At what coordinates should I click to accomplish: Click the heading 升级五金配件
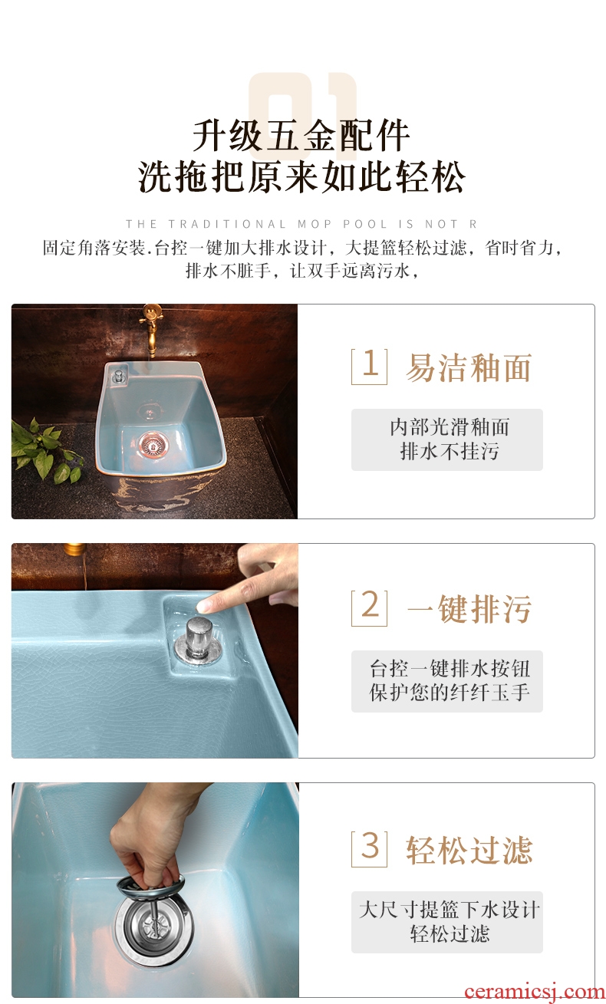click(x=301, y=136)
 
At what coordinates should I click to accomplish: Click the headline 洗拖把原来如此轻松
click(x=301, y=176)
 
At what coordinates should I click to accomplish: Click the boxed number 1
click(x=369, y=366)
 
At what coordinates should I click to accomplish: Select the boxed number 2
click(x=369, y=607)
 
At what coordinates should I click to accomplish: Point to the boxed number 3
click(x=369, y=848)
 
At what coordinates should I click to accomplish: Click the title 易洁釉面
click(x=469, y=368)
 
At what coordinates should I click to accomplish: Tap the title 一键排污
click(x=469, y=609)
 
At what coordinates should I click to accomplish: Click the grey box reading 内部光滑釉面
click(x=447, y=439)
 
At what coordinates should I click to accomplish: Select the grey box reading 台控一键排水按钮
click(x=447, y=681)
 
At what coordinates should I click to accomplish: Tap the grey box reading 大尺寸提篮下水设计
click(x=447, y=922)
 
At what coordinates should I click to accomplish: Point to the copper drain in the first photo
click(x=153, y=445)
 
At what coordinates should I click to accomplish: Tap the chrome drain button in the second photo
click(x=198, y=639)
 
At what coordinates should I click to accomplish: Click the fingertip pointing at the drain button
click(x=204, y=604)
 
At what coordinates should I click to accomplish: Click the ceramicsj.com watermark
click(x=535, y=992)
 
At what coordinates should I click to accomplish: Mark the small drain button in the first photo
click(x=118, y=376)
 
